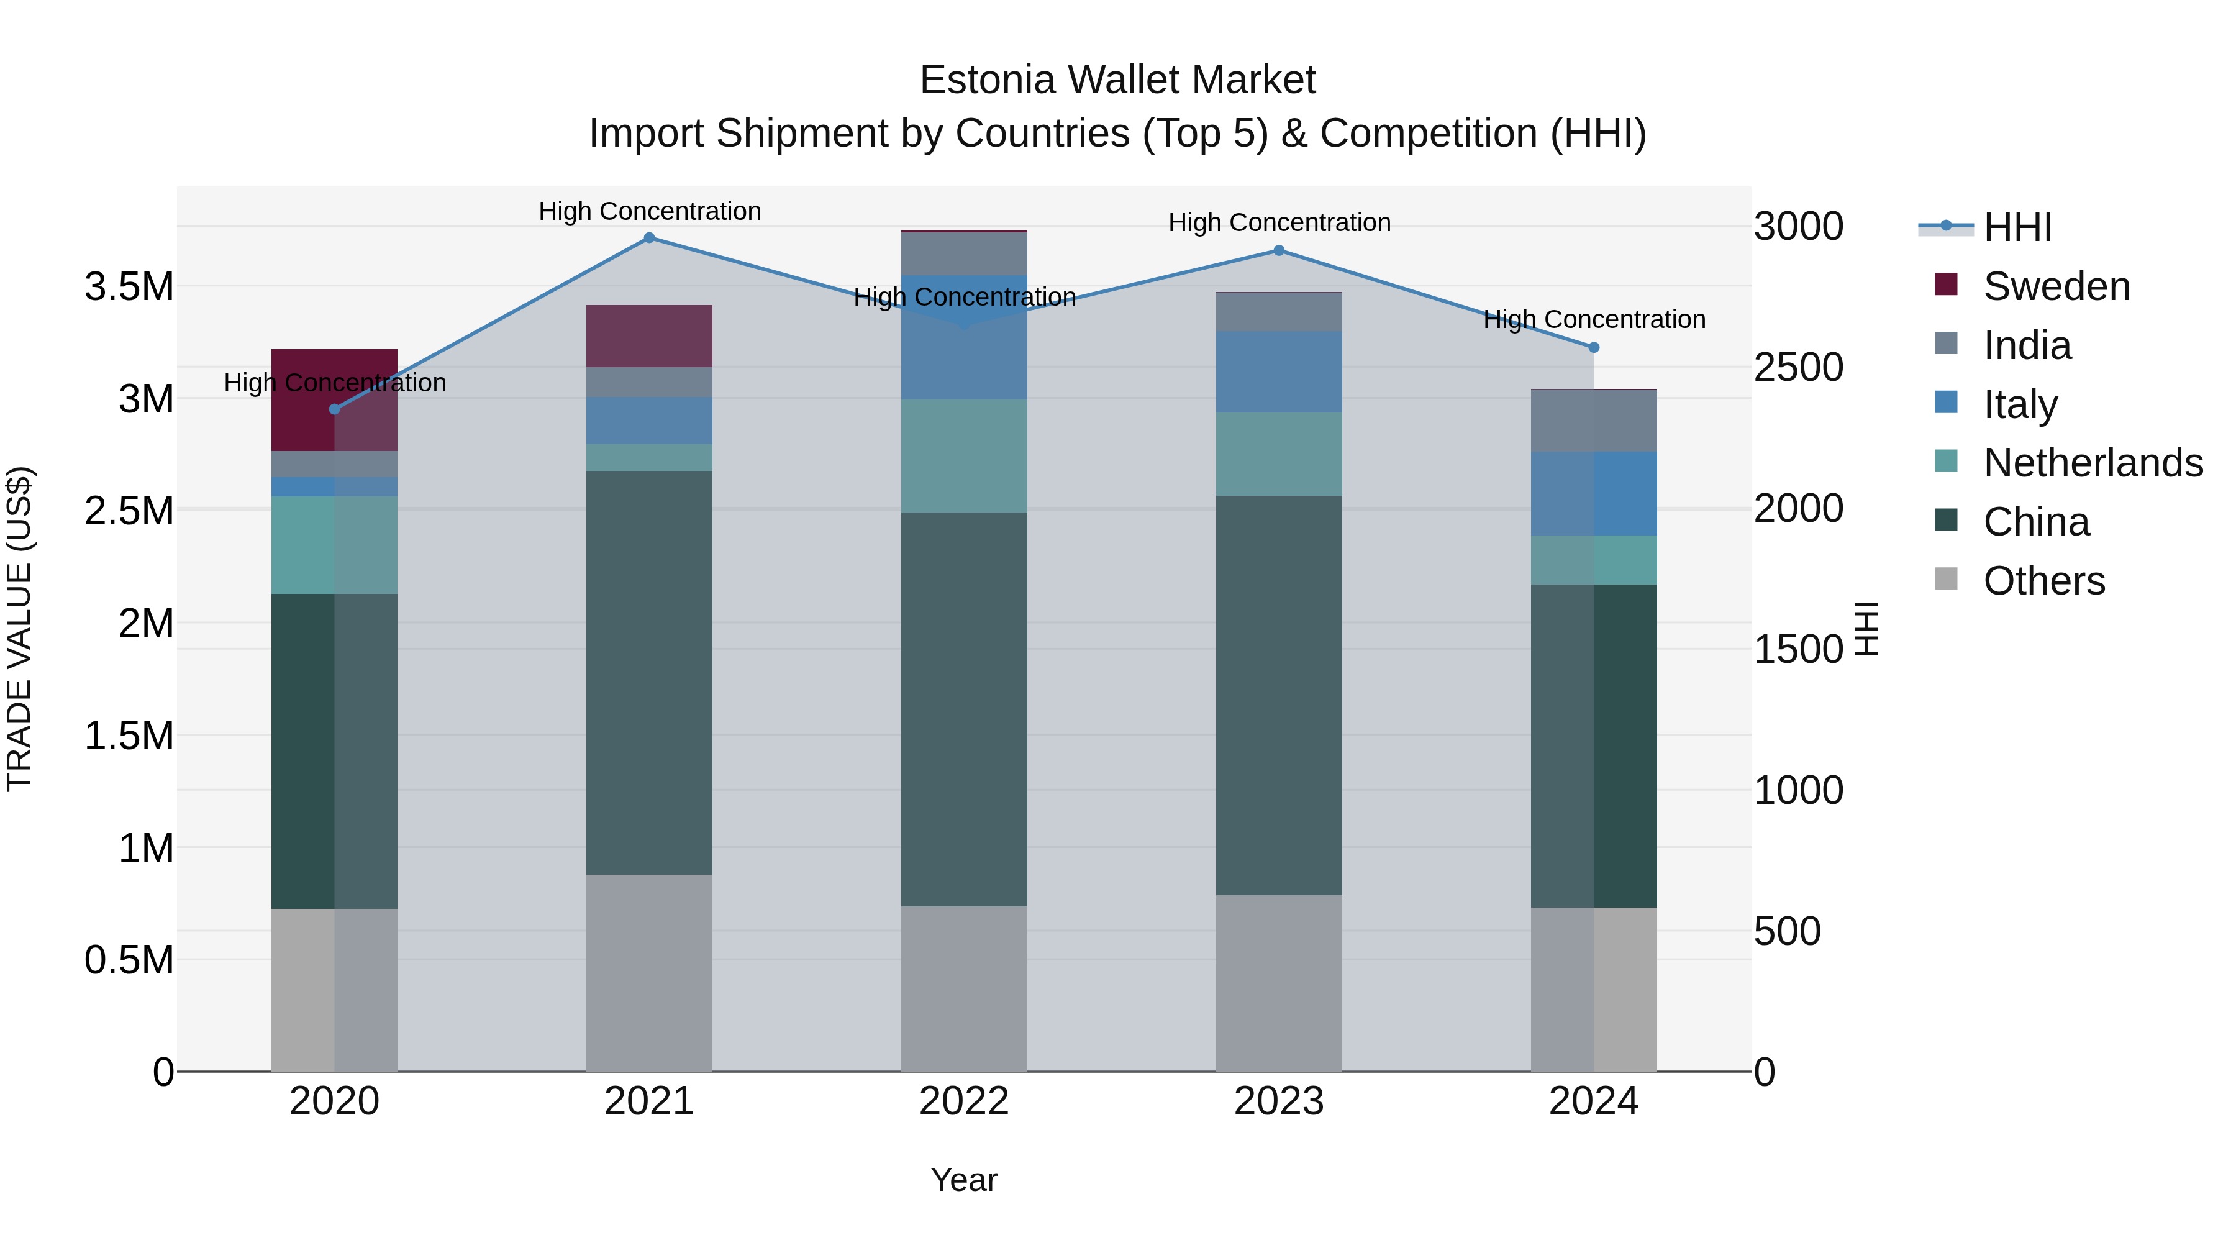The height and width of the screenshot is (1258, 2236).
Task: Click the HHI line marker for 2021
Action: pyautogui.click(x=649, y=238)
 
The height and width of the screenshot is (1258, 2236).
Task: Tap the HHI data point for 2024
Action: pyautogui.click(x=1594, y=347)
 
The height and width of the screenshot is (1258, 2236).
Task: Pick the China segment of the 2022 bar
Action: pyautogui.click(x=963, y=709)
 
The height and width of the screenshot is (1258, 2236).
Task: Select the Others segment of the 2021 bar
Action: pyautogui.click(x=649, y=972)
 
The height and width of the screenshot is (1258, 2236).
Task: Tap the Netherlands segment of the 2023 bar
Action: pyautogui.click(x=1279, y=454)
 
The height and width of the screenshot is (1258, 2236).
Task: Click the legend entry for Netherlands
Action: pyautogui.click(x=2092, y=463)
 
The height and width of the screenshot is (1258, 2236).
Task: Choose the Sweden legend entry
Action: pyautogui.click(x=2055, y=286)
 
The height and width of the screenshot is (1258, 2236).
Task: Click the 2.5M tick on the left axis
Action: pyautogui.click(x=129, y=511)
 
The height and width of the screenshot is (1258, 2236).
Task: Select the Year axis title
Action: pyautogui.click(x=963, y=1180)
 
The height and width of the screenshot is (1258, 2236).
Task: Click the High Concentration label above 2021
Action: pyautogui.click(x=649, y=211)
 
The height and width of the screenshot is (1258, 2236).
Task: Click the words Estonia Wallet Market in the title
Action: pyautogui.click(x=1117, y=80)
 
